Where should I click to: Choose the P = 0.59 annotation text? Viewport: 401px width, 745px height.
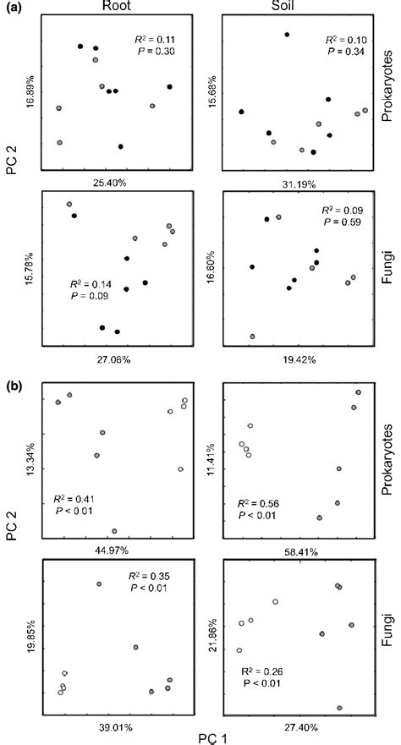(x=342, y=222)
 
